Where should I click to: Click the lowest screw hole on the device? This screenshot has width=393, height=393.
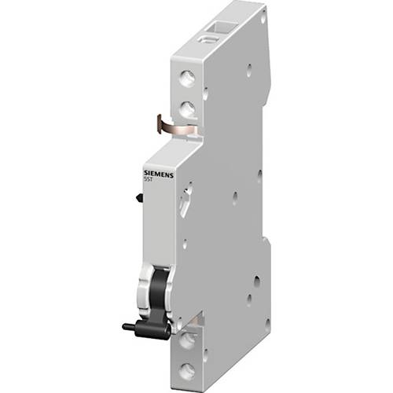coord(187,369)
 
